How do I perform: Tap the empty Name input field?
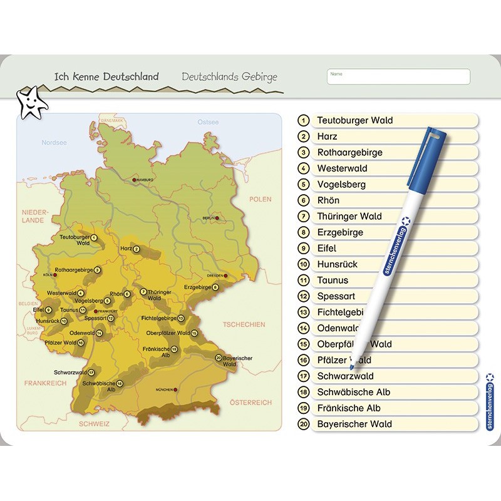pos(398,77)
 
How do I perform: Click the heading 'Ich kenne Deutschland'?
pos(106,76)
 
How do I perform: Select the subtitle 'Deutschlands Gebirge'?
pos(229,76)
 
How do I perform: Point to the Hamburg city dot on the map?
pos(133,180)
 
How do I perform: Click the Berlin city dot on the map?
pos(217,218)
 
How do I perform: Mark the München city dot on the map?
pos(175,390)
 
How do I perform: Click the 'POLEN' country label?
pos(261,199)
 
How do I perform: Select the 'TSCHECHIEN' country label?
pos(244,324)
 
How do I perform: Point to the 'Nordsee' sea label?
pos(54,142)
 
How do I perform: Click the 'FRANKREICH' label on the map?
pos(45,383)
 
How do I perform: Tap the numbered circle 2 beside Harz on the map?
pos(137,249)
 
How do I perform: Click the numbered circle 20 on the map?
pos(219,358)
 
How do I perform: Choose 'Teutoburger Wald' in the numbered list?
pos(354,120)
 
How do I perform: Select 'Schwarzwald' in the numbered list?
pos(345,376)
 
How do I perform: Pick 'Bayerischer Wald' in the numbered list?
pos(354,424)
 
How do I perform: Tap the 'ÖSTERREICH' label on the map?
pos(250,402)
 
